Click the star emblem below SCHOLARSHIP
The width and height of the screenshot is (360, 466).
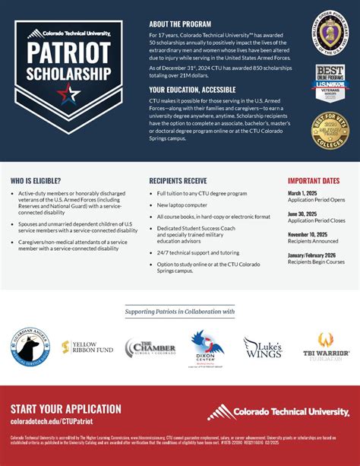(68, 95)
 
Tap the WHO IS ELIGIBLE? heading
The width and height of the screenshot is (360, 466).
(37, 181)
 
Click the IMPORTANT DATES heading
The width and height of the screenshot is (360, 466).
(313, 181)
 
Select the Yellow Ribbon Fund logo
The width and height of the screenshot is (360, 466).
(87, 348)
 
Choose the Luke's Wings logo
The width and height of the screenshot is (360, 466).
(263, 347)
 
